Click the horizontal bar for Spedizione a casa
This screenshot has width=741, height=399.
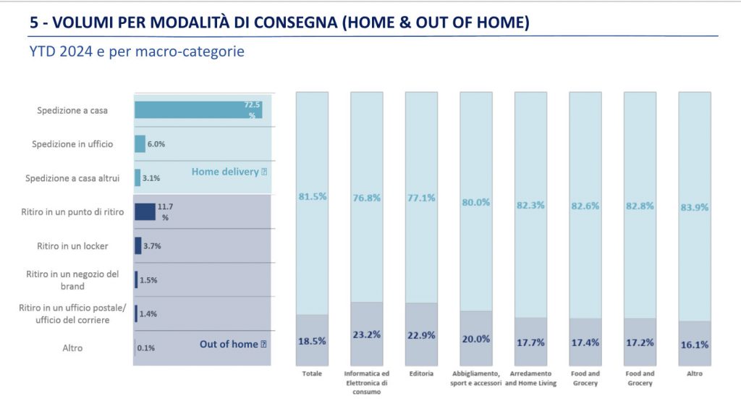point(198,110)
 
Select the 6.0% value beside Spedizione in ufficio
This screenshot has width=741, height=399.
point(156,144)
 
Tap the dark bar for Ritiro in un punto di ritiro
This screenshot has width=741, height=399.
point(145,211)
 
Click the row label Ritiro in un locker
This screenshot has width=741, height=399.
point(72,246)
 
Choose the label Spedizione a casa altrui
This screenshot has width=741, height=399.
point(72,178)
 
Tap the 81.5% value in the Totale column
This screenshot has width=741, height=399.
point(312,196)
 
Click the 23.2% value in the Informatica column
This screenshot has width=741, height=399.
point(367,335)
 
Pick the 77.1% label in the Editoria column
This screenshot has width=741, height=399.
point(421,196)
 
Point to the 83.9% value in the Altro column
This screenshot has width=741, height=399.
point(694,207)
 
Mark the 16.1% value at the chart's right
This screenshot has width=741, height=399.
point(694,345)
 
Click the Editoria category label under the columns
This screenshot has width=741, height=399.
point(421,374)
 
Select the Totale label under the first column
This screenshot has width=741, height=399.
point(312,374)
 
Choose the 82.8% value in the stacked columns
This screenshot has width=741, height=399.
point(639,206)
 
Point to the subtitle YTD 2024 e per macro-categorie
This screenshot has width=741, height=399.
point(137,52)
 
